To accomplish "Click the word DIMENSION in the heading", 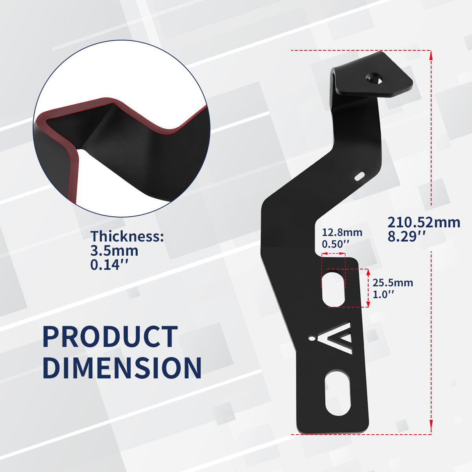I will tap(122, 368).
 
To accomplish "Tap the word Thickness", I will tap(127, 236).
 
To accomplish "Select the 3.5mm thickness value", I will tap(114, 251).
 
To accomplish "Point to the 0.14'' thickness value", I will tap(110, 265).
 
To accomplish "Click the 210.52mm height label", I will tap(424, 223).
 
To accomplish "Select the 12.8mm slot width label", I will tap(342, 232).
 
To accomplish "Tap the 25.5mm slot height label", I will tap(393, 282).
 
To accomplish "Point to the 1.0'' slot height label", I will tap(383, 294).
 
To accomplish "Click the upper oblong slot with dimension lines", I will tap(334, 288).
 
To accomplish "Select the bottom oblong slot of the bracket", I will tap(337, 392).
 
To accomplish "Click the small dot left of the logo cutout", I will tap(313, 337).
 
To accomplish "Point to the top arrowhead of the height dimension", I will tap(431, 55).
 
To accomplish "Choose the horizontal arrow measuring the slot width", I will tap(334, 254).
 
